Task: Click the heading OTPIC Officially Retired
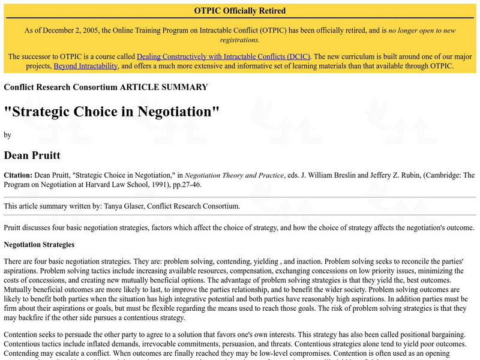[x=240, y=11]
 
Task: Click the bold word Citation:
[x=18, y=175]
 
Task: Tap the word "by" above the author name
[x=7, y=135]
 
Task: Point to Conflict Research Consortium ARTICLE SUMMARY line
[x=106, y=87]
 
